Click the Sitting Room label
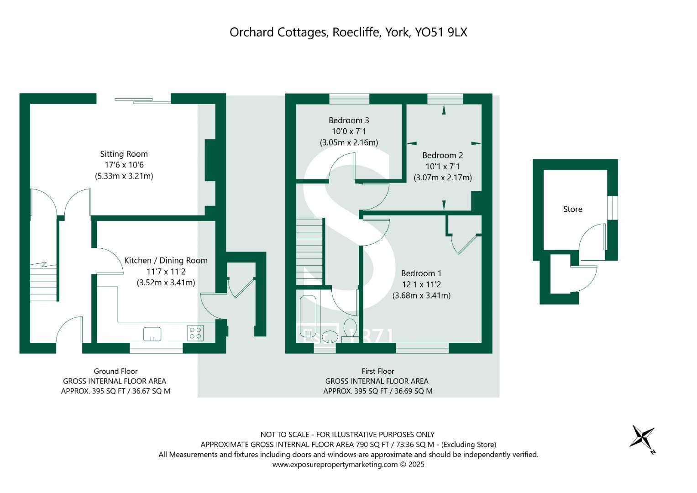click(x=124, y=154)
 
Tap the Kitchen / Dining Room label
click(x=166, y=261)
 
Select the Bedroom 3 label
click(x=349, y=121)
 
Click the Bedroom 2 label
click(x=442, y=155)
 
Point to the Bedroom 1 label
click(x=421, y=273)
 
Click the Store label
click(x=572, y=210)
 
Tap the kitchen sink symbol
click(x=152, y=334)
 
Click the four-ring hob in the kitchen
click(x=195, y=333)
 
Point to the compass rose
click(x=643, y=437)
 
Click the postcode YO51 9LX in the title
click(x=441, y=32)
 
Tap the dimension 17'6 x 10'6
click(x=124, y=165)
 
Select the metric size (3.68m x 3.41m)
click(x=421, y=295)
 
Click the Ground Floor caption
click(x=115, y=371)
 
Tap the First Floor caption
click(x=377, y=371)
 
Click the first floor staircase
click(x=310, y=252)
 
